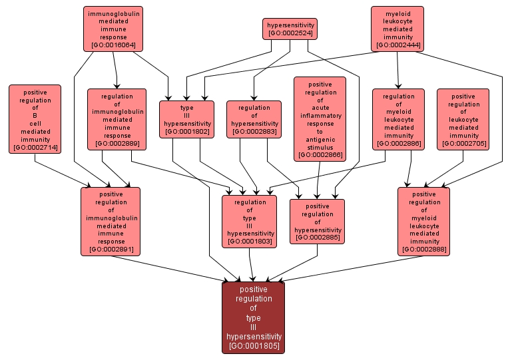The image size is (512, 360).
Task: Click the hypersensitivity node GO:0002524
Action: click(290, 29)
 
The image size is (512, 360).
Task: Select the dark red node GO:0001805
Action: click(253, 317)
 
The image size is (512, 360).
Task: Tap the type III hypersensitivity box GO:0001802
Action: click(187, 119)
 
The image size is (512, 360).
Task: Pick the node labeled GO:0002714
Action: click(35, 119)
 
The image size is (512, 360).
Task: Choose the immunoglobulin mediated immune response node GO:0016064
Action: click(113, 29)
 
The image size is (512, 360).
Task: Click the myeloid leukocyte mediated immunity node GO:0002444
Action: click(397, 29)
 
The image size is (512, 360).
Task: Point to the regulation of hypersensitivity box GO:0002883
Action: click(254, 119)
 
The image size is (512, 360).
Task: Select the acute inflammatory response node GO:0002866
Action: click(320, 119)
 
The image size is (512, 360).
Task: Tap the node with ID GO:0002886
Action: click(398, 119)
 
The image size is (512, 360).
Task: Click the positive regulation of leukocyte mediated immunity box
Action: click(463, 119)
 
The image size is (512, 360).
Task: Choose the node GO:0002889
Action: click(117, 119)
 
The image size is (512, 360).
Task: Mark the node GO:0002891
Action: click(111, 221)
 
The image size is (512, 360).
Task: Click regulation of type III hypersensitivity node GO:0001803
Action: click(250, 221)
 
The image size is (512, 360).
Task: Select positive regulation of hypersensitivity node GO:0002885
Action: click(317, 221)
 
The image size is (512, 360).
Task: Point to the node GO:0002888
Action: click(423, 221)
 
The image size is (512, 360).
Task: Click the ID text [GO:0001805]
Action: click(253, 346)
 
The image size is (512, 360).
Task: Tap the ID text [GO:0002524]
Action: click(290, 33)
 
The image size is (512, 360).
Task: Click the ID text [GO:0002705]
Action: click(463, 142)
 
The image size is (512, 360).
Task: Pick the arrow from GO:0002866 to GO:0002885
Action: click(318, 180)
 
